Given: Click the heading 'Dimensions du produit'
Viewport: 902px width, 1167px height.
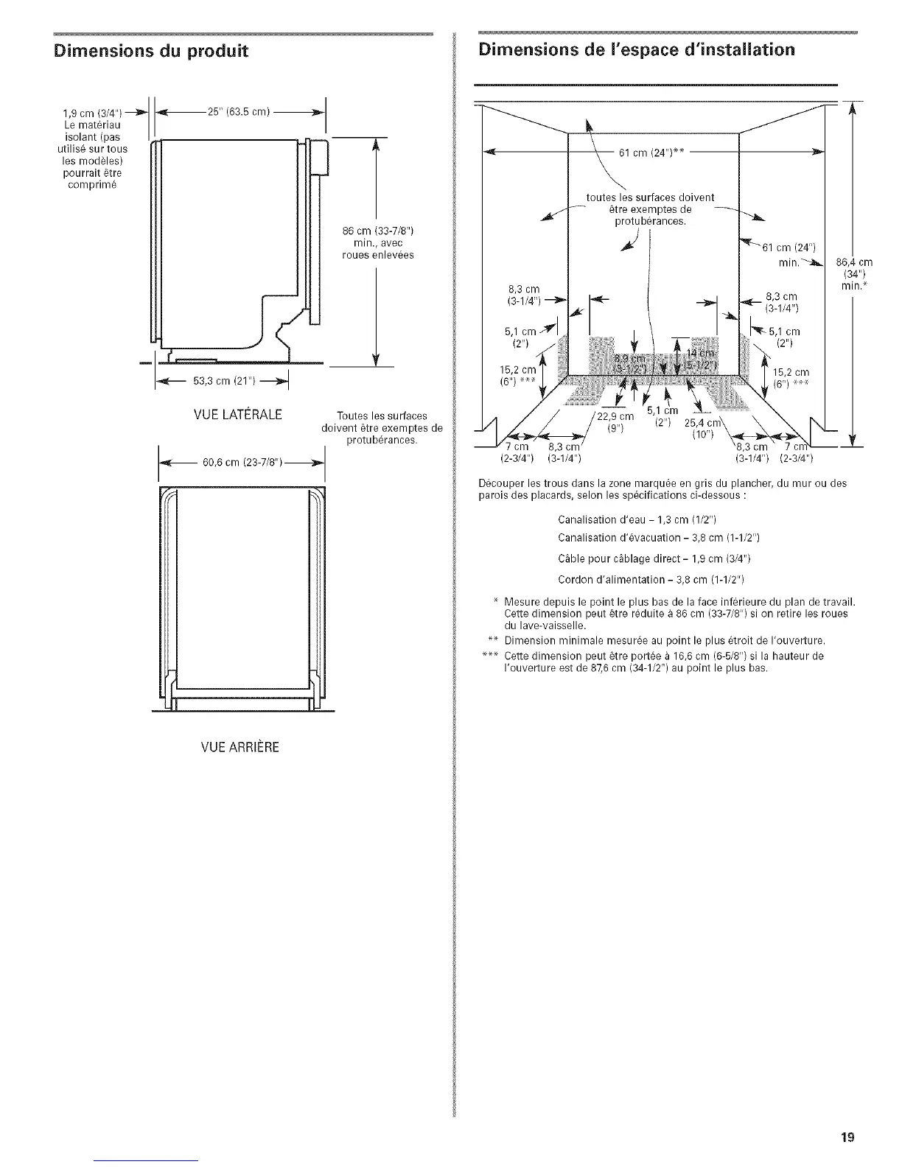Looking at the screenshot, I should tap(150, 51).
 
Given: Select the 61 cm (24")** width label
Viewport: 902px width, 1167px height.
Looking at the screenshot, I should tap(652, 153).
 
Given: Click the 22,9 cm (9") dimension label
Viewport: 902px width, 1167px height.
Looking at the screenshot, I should tap(615, 422).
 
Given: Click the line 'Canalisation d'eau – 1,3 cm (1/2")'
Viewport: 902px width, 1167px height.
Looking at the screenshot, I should tap(638, 521).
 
